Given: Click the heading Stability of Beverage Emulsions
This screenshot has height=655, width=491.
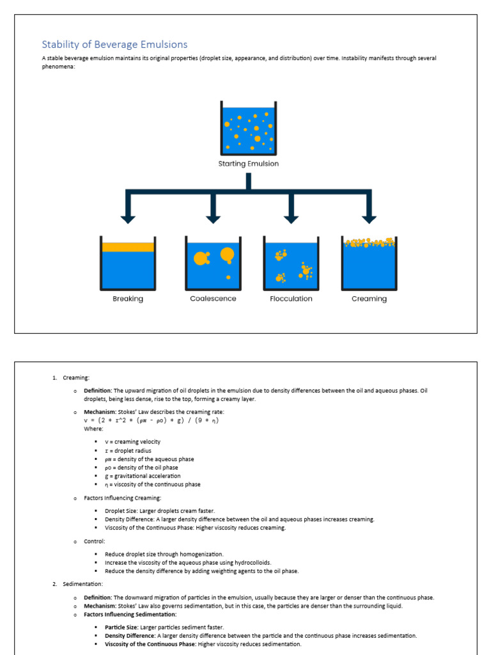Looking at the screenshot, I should [114, 44].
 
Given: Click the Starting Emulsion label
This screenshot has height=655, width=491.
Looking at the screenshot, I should [248, 164].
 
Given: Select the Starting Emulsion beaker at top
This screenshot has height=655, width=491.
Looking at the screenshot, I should [248, 129].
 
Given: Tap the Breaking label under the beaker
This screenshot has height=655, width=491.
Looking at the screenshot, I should [128, 299].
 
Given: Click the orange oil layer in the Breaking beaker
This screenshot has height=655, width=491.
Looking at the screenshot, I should [128, 247].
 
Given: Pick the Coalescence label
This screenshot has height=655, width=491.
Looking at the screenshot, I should [213, 299].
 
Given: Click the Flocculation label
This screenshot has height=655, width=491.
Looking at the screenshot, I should [291, 299].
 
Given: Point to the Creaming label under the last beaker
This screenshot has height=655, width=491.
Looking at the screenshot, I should [369, 299].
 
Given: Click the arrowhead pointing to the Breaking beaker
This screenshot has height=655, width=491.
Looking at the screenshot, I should [128, 218].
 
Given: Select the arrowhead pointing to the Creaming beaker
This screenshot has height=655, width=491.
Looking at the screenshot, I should [369, 218].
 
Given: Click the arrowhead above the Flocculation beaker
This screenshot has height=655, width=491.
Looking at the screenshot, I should [291, 218].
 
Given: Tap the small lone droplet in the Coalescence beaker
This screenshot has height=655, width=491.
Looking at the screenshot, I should [228, 277].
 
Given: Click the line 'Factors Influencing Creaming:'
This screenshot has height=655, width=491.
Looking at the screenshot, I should [122, 498].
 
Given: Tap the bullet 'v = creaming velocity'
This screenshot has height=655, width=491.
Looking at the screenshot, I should [132, 442].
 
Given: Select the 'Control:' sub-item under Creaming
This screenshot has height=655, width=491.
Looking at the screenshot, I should [94, 541].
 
